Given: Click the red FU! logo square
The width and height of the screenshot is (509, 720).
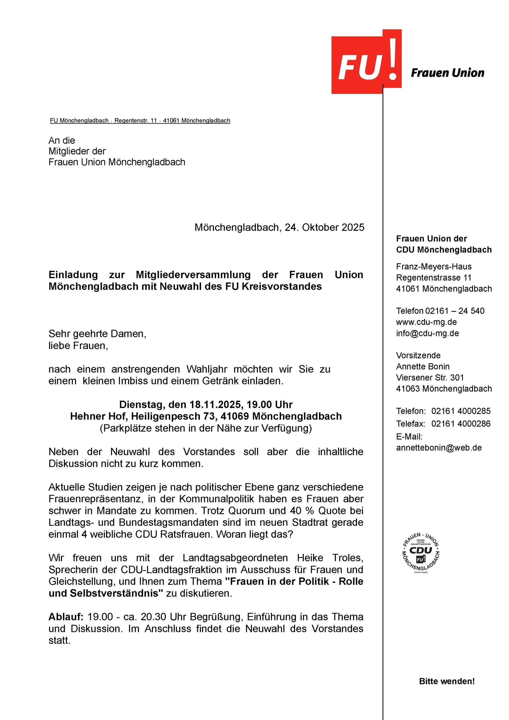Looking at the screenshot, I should click(x=366, y=64).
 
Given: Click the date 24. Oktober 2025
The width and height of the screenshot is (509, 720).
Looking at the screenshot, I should click(x=324, y=227).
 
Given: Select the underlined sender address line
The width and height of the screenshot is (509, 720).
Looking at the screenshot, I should click(x=140, y=121).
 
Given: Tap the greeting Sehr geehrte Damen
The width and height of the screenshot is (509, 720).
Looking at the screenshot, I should click(x=97, y=334).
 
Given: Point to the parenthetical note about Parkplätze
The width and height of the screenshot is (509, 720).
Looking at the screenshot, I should click(x=206, y=428).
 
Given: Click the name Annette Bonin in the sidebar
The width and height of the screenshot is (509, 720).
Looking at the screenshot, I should click(x=423, y=366).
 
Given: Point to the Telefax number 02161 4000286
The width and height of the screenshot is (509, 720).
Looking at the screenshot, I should click(x=461, y=424).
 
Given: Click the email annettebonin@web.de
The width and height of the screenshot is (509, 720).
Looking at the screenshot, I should click(x=439, y=448).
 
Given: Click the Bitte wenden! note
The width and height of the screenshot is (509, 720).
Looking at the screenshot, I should click(x=447, y=682).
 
